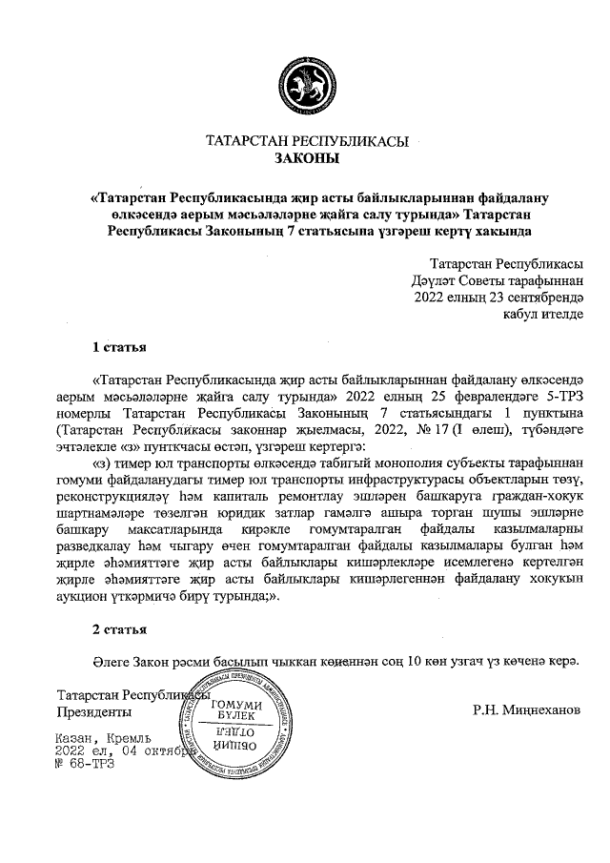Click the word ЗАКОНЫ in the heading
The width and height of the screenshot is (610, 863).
(x=307, y=158)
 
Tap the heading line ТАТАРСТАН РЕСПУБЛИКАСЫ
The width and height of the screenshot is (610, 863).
(x=307, y=142)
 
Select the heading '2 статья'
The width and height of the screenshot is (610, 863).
(x=118, y=629)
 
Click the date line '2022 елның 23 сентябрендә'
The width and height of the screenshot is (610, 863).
(x=498, y=298)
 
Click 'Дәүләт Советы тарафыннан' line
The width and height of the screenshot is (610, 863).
(x=492, y=280)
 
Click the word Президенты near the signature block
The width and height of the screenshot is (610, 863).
(x=94, y=711)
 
